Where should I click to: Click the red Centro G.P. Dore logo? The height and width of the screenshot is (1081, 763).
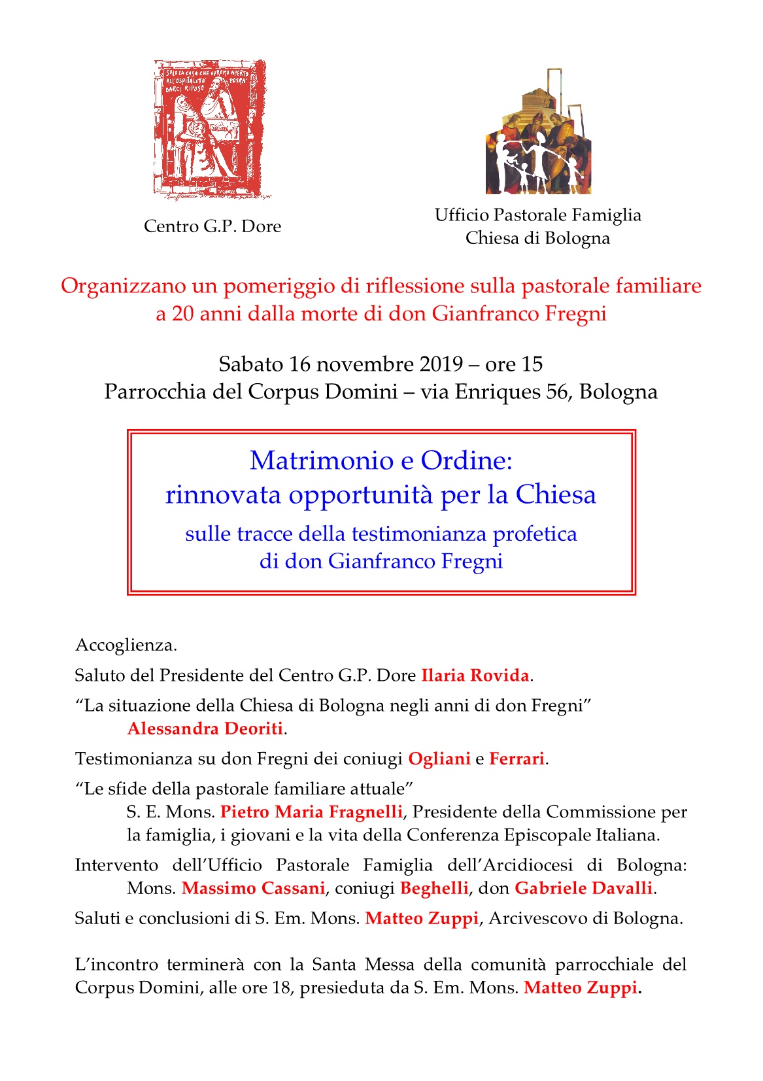tap(211, 129)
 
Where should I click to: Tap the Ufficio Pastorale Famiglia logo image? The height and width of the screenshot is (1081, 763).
tap(538, 132)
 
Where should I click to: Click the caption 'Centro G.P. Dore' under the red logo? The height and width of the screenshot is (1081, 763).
tap(212, 226)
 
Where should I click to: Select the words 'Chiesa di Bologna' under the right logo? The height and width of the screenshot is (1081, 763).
tap(537, 238)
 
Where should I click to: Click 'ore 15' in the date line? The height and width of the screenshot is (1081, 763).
tap(514, 364)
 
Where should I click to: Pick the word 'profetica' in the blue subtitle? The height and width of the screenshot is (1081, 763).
tap(535, 534)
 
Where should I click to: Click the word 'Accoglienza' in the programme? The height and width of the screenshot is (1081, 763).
tap(125, 645)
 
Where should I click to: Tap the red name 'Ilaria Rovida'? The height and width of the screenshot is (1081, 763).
tap(475, 676)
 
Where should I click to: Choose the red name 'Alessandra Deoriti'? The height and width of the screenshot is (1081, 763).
tap(205, 729)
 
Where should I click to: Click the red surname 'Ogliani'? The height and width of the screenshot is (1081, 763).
tap(439, 759)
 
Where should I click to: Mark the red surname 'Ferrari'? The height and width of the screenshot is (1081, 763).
tap(517, 759)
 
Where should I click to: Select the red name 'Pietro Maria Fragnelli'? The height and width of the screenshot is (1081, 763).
tap(311, 812)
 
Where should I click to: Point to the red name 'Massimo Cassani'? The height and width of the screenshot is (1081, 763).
tap(253, 888)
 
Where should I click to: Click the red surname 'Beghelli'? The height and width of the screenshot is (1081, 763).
tap(434, 888)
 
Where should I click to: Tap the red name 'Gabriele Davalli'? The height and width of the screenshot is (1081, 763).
tap(583, 888)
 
